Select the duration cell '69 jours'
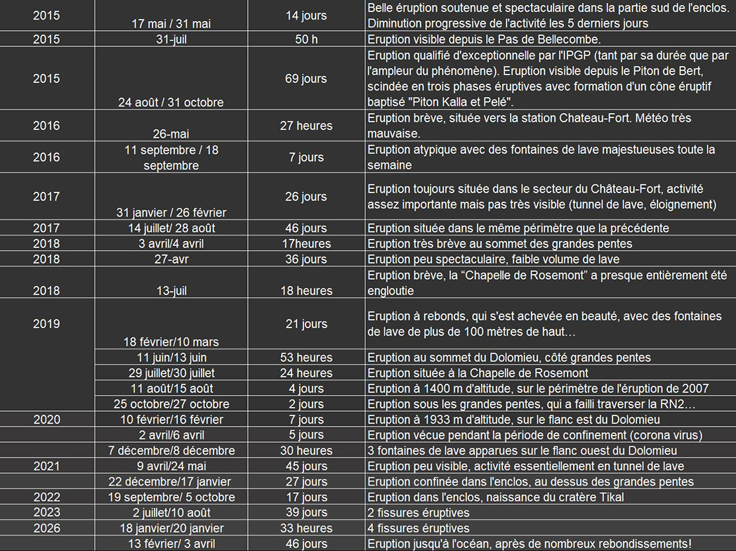coord(305,79)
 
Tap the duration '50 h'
coord(305,39)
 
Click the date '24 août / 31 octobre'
coord(171,103)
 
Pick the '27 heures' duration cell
coord(305,126)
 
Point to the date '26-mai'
coord(171,134)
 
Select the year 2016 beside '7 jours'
coord(46,157)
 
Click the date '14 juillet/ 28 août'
coord(171,228)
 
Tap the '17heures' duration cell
coord(305,244)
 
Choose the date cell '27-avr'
coord(171,259)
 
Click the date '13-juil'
coord(171,291)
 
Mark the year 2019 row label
coord(46,324)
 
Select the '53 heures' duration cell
coord(305,358)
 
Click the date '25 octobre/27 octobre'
coord(171,404)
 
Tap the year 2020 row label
coord(46,420)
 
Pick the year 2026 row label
coord(46,529)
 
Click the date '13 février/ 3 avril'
coord(171,544)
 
